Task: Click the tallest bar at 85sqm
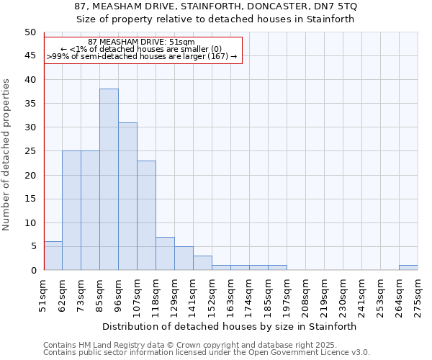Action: tap(109, 179)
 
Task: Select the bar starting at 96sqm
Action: tap(127, 197)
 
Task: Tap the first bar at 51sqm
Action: tap(53, 256)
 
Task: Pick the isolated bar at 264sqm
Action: tap(408, 268)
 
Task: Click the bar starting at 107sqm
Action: tap(146, 215)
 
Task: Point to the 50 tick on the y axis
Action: tap(30, 32)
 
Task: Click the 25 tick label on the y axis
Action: tap(30, 151)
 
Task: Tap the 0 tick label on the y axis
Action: tap(32, 270)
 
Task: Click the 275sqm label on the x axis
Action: tap(418, 296)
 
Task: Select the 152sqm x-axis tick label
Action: tap(212, 296)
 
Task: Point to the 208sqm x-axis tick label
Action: tap(305, 296)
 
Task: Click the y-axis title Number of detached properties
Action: tap(6, 155)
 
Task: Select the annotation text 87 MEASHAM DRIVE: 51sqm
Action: tap(141, 42)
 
